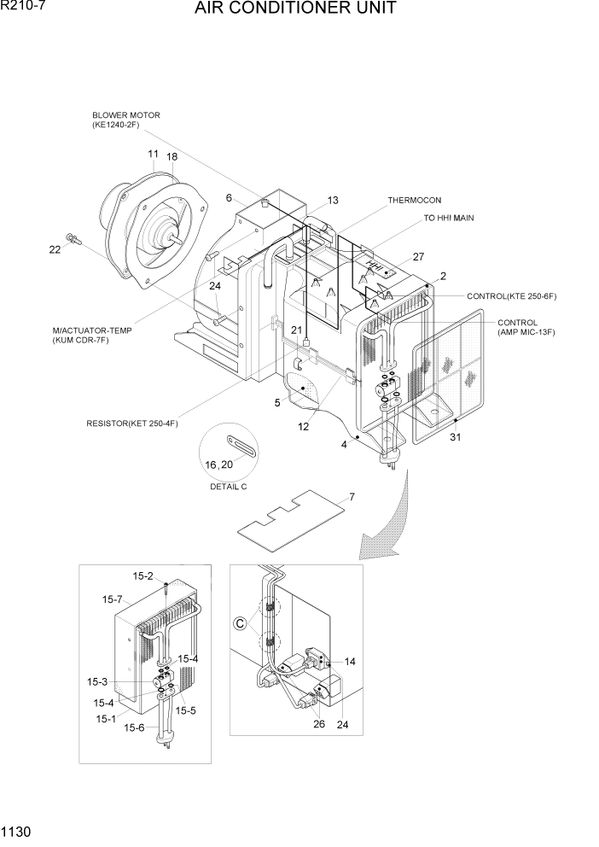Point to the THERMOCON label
tap(415, 201)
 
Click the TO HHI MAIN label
tap(449, 219)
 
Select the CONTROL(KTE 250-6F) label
tap(511, 296)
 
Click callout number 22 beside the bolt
tap(55, 249)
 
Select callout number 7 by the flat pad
tap(351, 497)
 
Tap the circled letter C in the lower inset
tap(241, 624)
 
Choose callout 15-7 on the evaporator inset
tap(113, 600)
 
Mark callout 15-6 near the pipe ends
tap(134, 727)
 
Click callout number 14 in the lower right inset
tap(349, 662)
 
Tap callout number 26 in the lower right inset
tap(318, 725)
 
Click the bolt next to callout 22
tap(72, 238)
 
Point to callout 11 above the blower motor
tap(153, 154)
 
